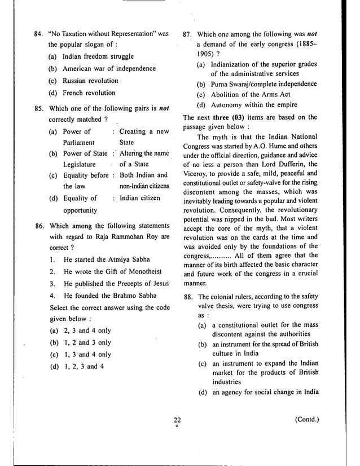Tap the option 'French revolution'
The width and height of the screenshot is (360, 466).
[89, 93]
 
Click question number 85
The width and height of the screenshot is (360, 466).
[39, 109]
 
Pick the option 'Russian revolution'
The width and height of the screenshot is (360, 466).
[91, 81]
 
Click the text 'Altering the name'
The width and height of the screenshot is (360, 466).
[144, 153]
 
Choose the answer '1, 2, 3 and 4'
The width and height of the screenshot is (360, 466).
[84, 366]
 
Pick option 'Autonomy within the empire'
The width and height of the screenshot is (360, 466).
[255, 105]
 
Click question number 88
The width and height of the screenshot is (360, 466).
[189, 297]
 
